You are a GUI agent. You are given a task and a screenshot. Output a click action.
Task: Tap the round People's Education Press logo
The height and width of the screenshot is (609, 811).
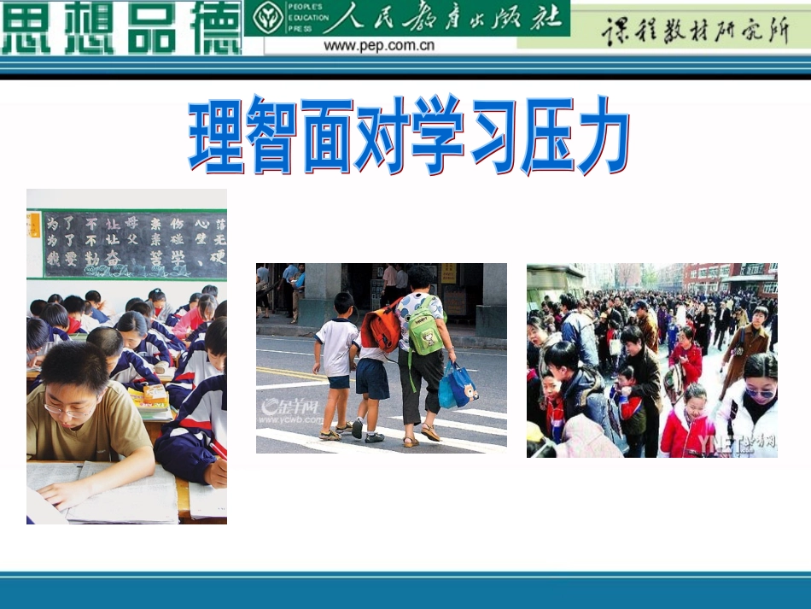pyautogui.click(x=268, y=18)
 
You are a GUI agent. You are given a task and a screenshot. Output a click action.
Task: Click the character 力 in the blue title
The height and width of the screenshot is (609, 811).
pyautogui.click(x=599, y=135)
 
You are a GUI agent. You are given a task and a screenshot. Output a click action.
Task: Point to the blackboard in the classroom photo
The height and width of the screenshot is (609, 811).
pyautogui.click(x=134, y=243)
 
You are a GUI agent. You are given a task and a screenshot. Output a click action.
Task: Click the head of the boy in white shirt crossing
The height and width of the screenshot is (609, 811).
pyautogui.click(x=344, y=302)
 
